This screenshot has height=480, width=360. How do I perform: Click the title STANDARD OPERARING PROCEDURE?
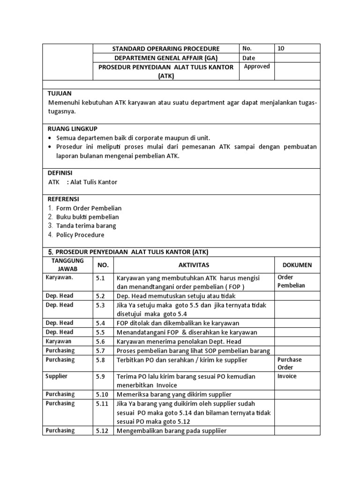tap(166, 49)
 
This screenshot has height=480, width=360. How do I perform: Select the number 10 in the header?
tap(280, 48)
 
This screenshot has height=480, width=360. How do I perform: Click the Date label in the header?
tap(249, 58)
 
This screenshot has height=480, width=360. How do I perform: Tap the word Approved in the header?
tap(257, 67)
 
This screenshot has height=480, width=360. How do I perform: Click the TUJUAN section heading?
tap(60, 93)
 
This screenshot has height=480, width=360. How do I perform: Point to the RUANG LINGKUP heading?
tap(73, 128)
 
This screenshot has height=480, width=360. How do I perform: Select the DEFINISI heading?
tap(63, 172)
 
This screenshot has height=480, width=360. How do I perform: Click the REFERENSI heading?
tap(63, 199)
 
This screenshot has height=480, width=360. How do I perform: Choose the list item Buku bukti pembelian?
tap(87, 217)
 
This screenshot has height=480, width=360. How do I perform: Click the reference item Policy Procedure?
tap(80, 235)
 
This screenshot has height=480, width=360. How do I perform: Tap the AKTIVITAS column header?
tap(194, 265)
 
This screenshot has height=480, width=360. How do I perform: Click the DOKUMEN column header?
tap(297, 265)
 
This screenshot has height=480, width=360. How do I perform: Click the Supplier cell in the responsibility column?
tap(56, 376)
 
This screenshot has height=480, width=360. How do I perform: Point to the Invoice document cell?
tap(287, 376)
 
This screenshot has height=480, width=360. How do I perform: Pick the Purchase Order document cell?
tap(290, 364)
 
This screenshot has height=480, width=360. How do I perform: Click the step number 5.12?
tap(102, 430)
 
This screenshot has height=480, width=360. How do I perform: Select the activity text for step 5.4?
tap(178, 323)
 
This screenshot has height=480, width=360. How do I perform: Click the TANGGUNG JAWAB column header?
tap(67, 265)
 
